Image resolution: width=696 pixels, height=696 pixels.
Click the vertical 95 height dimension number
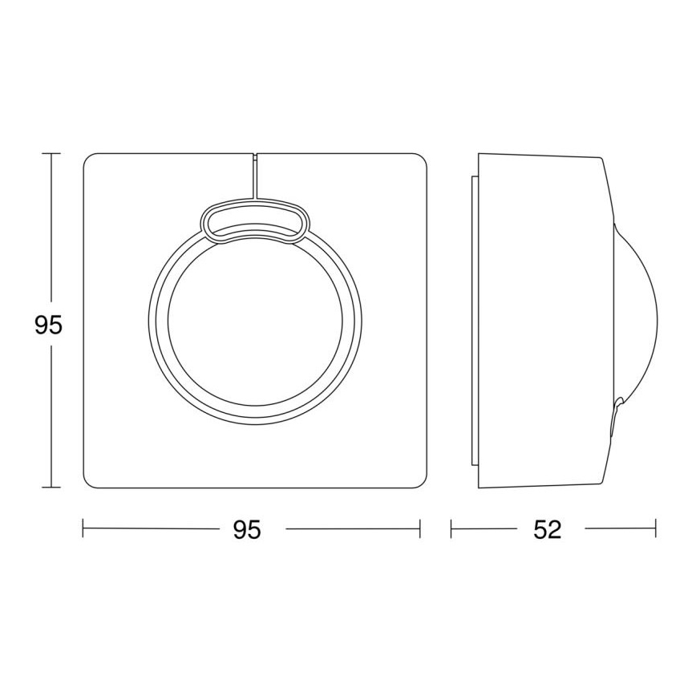[x=48, y=325]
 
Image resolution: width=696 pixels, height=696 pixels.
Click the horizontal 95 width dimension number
[x=247, y=530]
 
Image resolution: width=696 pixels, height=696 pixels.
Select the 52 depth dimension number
[x=547, y=530]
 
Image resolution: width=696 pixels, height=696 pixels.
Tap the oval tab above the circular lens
[x=253, y=221]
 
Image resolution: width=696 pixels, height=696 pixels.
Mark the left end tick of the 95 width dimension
[x=84, y=529]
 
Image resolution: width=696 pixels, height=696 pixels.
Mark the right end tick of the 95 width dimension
[x=420, y=529]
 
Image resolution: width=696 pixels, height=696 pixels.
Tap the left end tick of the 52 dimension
[x=451, y=529]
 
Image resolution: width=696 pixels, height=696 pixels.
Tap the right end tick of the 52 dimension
[x=656, y=529]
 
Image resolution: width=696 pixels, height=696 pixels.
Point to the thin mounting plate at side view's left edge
[x=475, y=321]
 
